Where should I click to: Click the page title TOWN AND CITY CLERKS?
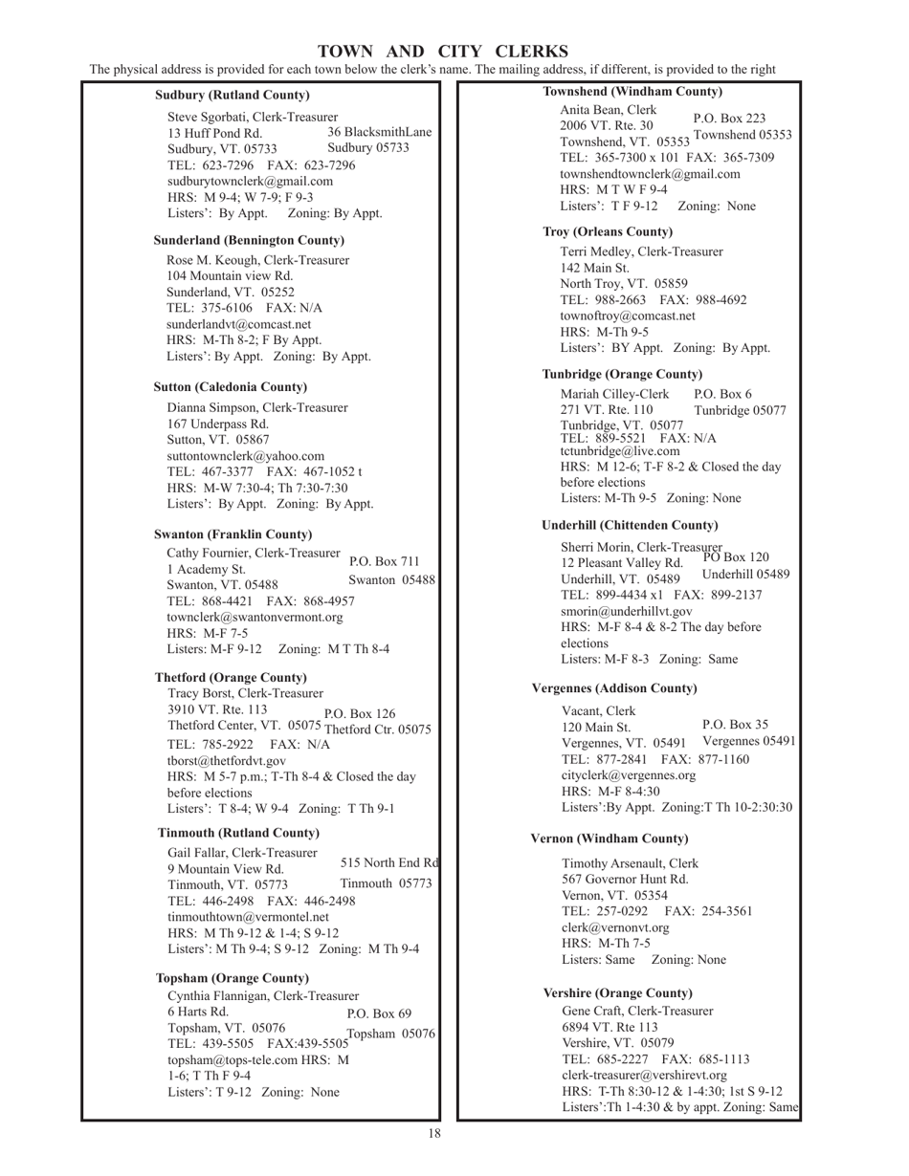[442, 52]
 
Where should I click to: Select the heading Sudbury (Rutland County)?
[233, 96]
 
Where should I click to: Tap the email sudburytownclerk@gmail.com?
[251, 181]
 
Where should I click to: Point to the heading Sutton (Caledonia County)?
[231, 387]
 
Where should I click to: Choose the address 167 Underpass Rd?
[218, 424]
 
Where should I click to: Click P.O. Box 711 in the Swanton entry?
[385, 561]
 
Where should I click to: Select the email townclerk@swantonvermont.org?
[255, 618]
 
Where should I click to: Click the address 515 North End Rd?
[389, 862]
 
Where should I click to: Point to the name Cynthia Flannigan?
[222, 996]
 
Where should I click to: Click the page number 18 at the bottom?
[434, 1134]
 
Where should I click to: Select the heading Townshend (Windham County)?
[632, 92]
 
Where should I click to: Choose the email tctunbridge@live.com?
[620, 451]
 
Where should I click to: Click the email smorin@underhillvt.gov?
[627, 610]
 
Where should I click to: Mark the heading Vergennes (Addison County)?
[614, 688]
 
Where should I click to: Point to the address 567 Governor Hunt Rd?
[625, 880]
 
